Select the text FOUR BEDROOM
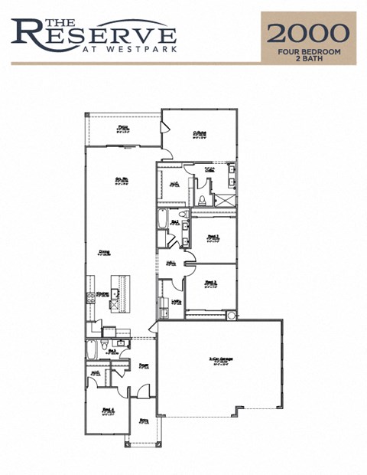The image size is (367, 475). pyautogui.click(x=309, y=51)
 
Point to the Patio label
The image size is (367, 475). pyautogui.click(x=122, y=129)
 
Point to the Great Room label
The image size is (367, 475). pyautogui.click(x=121, y=181)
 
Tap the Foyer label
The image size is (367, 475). pyautogui.click(x=144, y=366)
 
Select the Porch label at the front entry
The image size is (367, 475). pyautogui.click(x=145, y=420)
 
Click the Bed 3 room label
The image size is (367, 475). pyautogui.click(x=212, y=283)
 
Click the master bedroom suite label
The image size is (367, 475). pyautogui.click(x=200, y=133)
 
